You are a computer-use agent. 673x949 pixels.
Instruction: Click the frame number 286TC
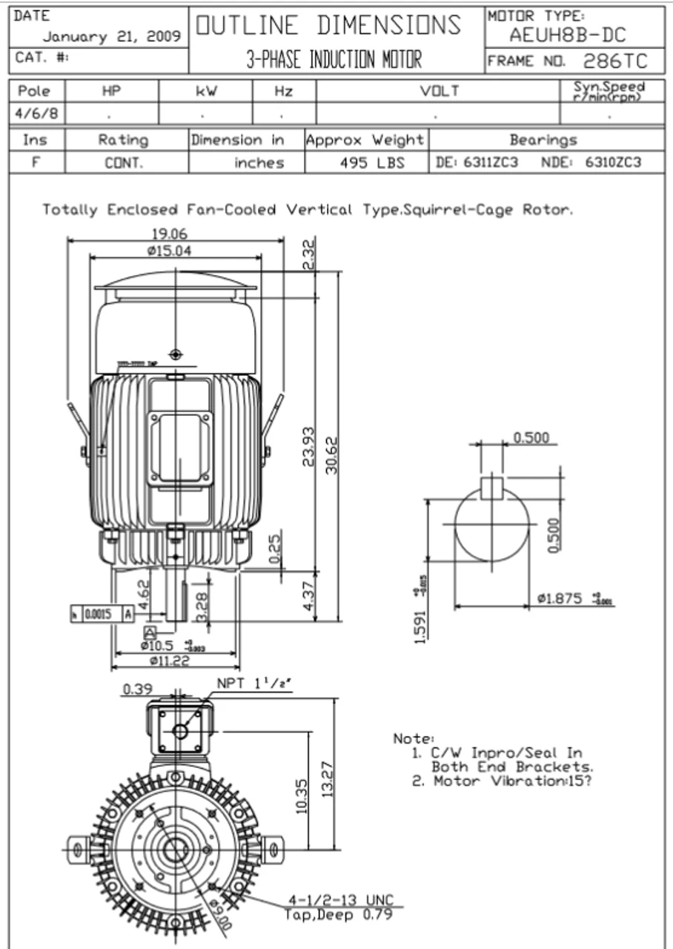pyautogui.click(x=615, y=61)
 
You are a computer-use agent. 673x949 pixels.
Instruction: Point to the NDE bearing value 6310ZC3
pyautogui.click(x=612, y=162)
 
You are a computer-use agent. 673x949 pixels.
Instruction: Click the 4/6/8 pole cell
pyautogui.click(x=34, y=116)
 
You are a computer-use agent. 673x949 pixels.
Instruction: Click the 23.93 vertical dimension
pyautogui.click(x=309, y=446)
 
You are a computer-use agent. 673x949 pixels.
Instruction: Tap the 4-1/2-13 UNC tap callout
pyautogui.click(x=341, y=901)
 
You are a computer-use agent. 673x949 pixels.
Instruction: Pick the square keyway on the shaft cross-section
pyautogui.click(x=491, y=487)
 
